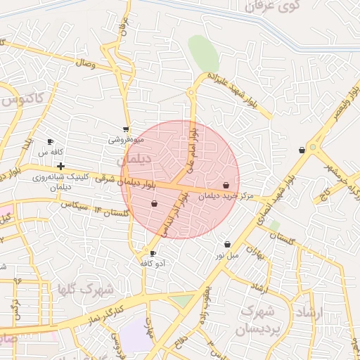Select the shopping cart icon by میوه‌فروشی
[126, 129]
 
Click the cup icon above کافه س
[50, 142]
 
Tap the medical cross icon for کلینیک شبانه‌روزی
[62, 167]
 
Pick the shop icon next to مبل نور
[227, 244]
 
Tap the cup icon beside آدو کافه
[153, 253]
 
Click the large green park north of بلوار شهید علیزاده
[203, 53]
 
